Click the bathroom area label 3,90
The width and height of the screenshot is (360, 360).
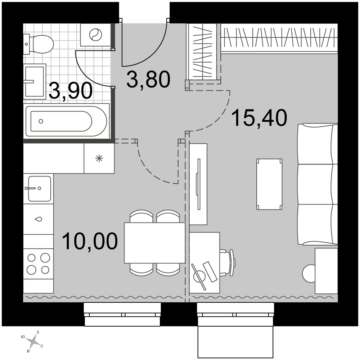(x=71, y=91)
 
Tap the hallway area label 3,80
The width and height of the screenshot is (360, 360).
(x=148, y=80)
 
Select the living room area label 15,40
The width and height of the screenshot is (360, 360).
(x=260, y=118)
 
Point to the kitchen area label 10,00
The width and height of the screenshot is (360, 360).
(x=90, y=241)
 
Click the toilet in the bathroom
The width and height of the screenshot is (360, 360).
(x=39, y=44)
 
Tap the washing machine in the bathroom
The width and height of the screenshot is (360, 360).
(x=95, y=35)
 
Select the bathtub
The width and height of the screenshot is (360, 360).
(x=67, y=121)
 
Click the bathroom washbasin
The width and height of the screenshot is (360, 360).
(x=35, y=81)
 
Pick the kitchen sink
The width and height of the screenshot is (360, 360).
(x=40, y=189)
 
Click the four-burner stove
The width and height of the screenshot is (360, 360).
(x=39, y=264)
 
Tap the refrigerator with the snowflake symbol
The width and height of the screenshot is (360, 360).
(x=99, y=158)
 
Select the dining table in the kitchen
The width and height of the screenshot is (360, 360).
(x=154, y=243)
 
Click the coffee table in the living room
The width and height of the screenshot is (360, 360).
(x=269, y=184)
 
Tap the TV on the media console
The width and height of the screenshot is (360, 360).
(x=198, y=184)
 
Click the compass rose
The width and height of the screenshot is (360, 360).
(x=34, y=340)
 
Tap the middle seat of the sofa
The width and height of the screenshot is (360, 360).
(x=318, y=184)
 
